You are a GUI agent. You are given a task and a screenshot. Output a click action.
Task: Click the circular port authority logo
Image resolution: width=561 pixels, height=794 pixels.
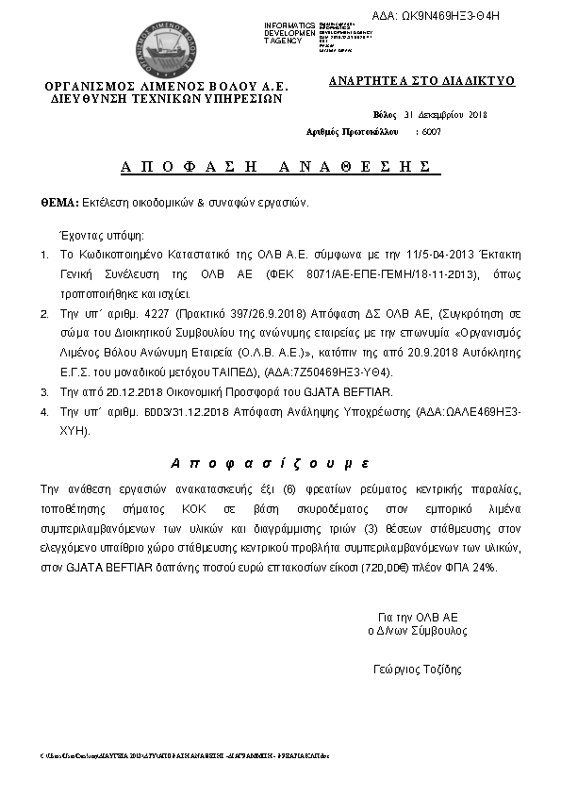[166, 46]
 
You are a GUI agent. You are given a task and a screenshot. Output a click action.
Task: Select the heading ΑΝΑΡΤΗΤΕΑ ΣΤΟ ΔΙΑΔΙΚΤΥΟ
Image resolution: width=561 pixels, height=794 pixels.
[421, 81]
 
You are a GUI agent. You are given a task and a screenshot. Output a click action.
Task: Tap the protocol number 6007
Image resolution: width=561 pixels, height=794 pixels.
[432, 132]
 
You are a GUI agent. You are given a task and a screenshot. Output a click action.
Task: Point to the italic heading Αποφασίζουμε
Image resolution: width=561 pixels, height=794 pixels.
[271, 464]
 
